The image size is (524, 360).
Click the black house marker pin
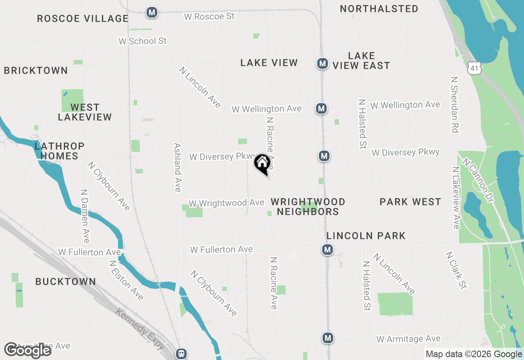pyautogui.click(x=262, y=164)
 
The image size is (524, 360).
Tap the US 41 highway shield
pyautogui.click(x=474, y=68)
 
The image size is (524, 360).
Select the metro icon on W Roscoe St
pyautogui.click(x=152, y=12)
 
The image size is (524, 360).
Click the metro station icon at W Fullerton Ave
pyautogui.click(x=327, y=250)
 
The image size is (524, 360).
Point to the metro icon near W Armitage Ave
pyautogui.click(x=327, y=338)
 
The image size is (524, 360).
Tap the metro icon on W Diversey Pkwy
pyautogui.click(x=324, y=156)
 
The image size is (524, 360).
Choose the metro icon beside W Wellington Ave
pyautogui.click(x=321, y=108)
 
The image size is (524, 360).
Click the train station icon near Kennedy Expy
pyautogui.click(x=181, y=353)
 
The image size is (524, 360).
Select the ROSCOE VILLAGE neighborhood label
pyautogui.click(x=83, y=18)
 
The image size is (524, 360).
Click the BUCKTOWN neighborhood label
pyautogui.click(x=65, y=281)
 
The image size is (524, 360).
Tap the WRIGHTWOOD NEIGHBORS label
pyautogui.click(x=308, y=207)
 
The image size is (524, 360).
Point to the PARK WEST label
pyautogui.click(x=410, y=202)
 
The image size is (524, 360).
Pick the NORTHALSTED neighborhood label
pyautogui.click(x=379, y=9)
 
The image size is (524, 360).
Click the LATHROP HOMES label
pyautogui.click(x=59, y=151)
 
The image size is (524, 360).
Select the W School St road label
pyautogui.click(x=142, y=41)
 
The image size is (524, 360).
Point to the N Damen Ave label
pyautogui.click(x=85, y=216)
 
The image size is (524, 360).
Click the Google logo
pyautogui.click(x=28, y=351)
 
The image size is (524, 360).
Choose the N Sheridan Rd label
pyautogui.click(x=454, y=104)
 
